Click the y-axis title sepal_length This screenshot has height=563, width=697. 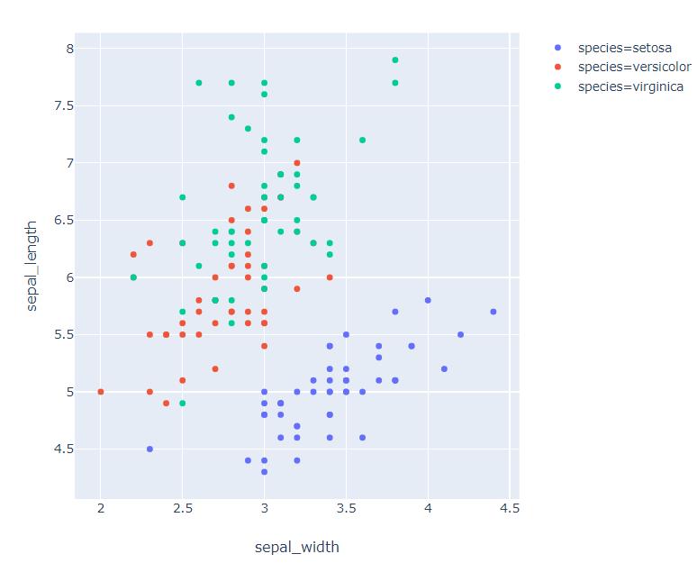click(x=32, y=266)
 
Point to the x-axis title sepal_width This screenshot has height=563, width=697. click(x=296, y=547)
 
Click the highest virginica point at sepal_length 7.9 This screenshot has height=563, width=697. click(x=395, y=59)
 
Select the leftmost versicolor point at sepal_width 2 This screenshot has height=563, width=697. click(x=101, y=392)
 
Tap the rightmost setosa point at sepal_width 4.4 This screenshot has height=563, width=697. click(x=493, y=312)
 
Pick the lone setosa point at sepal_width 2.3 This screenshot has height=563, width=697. click(x=149, y=449)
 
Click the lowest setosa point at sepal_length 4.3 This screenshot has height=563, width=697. click(x=264, y=471)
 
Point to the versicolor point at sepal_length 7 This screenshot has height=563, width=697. click(x=297, y=163)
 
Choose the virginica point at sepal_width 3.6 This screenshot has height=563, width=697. click(x=362, y=140)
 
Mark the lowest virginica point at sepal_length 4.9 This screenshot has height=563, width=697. click(x=182, y=403)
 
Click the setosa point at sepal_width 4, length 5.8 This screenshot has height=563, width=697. click(x=428, y=300)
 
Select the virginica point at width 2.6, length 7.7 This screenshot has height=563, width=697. click(x=199, y=83)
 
